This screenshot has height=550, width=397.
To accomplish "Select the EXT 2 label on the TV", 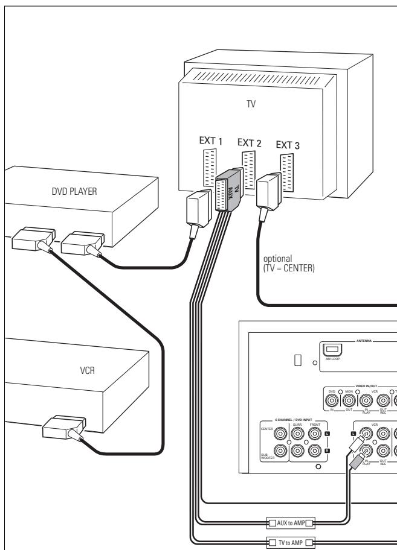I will pos(250,142).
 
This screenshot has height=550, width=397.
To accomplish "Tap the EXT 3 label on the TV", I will pos(288,145).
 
